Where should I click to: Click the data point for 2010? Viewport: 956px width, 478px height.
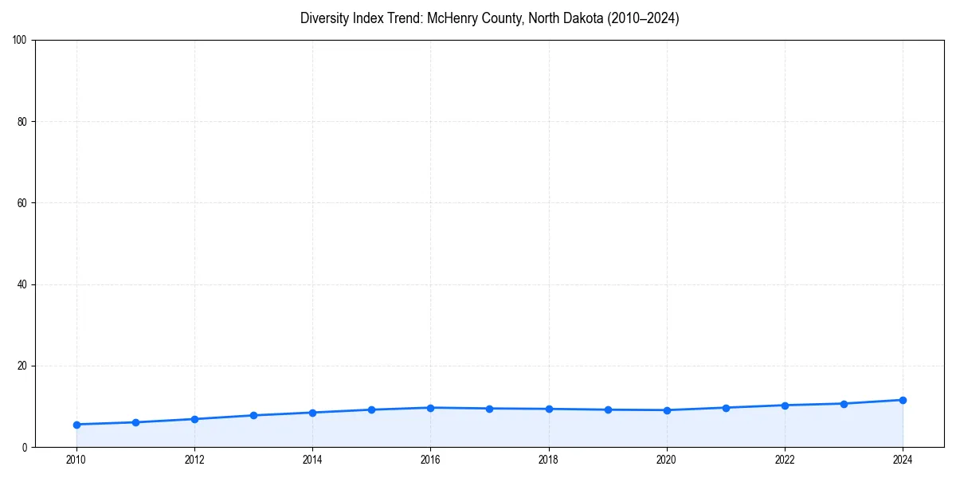click(76, 425)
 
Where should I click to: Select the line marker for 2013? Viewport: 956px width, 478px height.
click(253, 415)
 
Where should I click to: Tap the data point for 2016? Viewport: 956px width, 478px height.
click(430, 408)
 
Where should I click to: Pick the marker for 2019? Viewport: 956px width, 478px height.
click(608, 409)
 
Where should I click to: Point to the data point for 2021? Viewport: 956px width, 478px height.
click(726, 408)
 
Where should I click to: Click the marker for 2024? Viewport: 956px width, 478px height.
click(903, 400)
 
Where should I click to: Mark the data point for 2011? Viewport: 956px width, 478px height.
click(135, 422)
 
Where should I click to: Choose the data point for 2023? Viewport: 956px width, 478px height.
click(844, 404)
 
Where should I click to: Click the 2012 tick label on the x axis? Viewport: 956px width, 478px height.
click(194, 460)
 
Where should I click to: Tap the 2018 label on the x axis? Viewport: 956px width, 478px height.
click(548, 460)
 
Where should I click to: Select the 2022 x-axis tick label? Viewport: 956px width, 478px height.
click(785, 460)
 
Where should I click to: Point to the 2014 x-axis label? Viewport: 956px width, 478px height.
click(312, 460)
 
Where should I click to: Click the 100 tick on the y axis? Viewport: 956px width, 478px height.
click(20, 40)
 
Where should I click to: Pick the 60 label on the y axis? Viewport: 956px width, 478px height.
click(22, 203)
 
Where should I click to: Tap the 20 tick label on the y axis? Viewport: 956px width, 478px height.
click(22, 366)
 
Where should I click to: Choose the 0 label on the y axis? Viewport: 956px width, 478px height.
click(25, 447)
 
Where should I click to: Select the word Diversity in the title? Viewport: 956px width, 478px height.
click(325, 18)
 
